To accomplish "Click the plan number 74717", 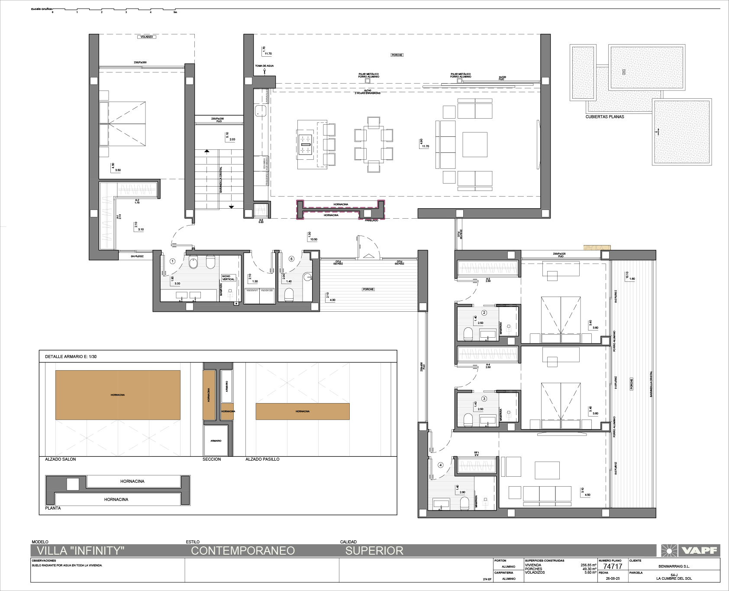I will coord(613,566).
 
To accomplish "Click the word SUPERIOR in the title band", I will coord(374,551).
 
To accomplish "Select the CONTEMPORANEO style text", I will coord(243,551).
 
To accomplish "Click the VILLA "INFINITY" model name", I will coord(81,551).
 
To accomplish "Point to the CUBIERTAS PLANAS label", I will coord(605,117).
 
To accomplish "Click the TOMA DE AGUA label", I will coord(264,66).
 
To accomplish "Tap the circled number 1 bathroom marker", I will coord(172,261).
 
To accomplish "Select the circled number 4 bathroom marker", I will coord(441,465).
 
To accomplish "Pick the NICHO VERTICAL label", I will coord(228,278).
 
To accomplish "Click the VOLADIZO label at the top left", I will coord(147,37).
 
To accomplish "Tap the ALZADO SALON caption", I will coord(60,459).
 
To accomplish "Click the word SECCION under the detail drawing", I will coord(212,459).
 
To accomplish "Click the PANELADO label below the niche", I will coord(371,220).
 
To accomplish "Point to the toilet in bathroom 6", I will coord(289,294).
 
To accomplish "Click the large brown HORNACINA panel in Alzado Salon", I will coord(118,394).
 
